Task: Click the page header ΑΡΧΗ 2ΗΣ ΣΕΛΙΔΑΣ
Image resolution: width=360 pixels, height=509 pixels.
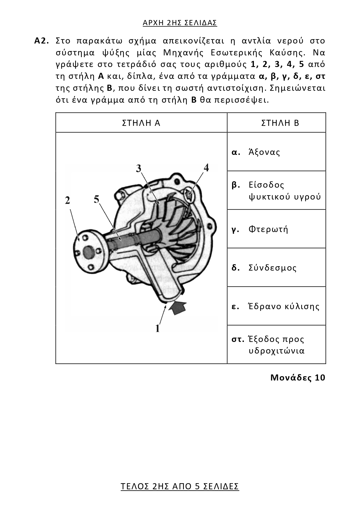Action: point(180,23)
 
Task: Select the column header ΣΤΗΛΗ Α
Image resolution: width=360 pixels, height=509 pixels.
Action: point(141,123)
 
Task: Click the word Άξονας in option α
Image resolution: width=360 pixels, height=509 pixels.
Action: point(264,152)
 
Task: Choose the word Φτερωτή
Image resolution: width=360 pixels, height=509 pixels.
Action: point(268,229)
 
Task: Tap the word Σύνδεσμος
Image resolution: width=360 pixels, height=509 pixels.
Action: point(272,267)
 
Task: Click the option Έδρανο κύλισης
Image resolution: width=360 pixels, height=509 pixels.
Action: point(283,306)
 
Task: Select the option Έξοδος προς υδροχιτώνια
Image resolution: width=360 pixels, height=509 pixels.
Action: point(276,345)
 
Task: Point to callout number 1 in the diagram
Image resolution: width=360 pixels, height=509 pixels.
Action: point(158,328)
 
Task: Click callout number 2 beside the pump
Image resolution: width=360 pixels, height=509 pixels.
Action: point(68,200)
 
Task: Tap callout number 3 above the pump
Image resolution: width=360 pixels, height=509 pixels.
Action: point(139,168)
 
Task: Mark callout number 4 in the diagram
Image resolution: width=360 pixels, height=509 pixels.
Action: point(206,167)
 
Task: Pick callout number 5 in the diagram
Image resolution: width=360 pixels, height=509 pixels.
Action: point(96,199)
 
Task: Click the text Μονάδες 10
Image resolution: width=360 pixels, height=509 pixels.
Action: point(298,378)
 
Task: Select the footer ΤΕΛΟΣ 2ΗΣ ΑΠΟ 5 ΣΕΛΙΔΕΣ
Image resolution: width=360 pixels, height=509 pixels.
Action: point(180,486)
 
